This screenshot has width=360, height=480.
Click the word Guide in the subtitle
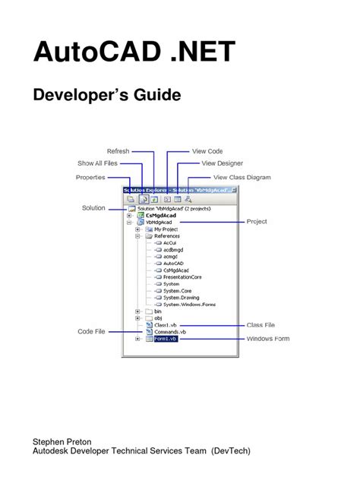coord(154,96)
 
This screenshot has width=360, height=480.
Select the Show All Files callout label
coord(98,163)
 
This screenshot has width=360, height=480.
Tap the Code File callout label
coord(91,331)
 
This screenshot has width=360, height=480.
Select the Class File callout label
coord(264,325)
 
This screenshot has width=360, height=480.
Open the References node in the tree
coord(166,236)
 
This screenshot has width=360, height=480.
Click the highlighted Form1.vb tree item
coord(165,339)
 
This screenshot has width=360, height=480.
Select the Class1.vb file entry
coord(166,325)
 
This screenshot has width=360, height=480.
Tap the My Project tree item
coord(165,229)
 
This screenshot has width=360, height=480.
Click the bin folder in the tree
coord(157,311)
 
